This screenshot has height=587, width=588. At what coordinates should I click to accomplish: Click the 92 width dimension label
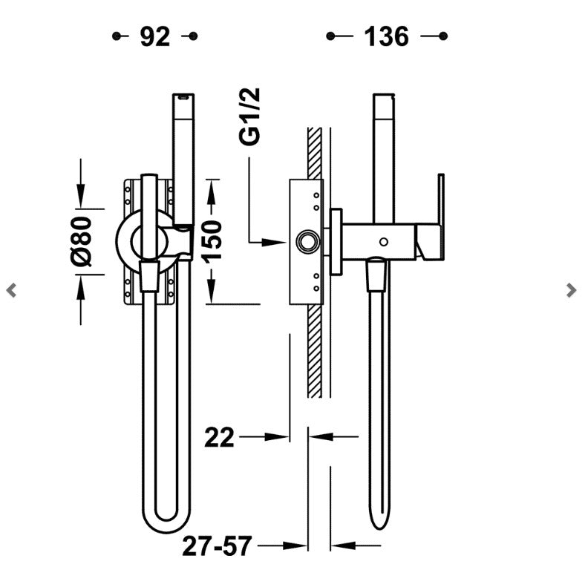coord(154,36)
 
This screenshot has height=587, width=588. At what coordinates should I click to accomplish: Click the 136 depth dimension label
coord(386,36)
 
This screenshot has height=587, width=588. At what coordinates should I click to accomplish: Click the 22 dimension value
coord(220,437)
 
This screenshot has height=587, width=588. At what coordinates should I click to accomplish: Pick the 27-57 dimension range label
coord(218,547)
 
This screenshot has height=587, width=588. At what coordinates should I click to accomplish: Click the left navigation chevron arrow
coord(11,290)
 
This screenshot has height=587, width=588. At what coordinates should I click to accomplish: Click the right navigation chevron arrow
coord(571,290)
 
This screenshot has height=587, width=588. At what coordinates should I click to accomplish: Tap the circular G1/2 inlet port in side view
coord(305,241)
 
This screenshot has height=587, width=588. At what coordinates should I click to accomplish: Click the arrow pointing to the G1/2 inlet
coord(268,241)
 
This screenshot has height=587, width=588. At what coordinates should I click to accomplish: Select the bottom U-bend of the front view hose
coord(166,523)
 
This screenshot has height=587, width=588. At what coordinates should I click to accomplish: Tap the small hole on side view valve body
coord(383,241)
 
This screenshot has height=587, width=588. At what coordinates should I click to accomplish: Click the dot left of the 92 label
coord(116,36)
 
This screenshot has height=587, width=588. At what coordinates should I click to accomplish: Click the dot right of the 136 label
coord(443,36)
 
